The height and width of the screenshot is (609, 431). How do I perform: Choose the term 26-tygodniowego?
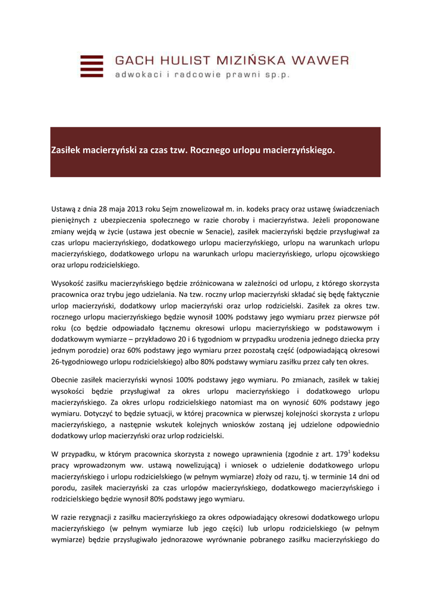pos(81,362)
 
